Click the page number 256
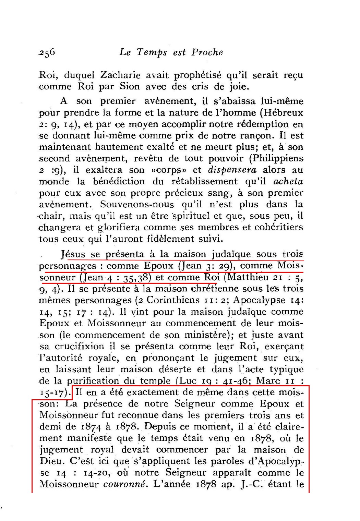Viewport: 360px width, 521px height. tap(47, 52)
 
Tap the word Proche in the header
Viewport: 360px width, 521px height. tap(207, 52)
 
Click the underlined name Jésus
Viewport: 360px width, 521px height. tap(73, 255)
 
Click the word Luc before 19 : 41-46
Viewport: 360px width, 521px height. tap(188, 380)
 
